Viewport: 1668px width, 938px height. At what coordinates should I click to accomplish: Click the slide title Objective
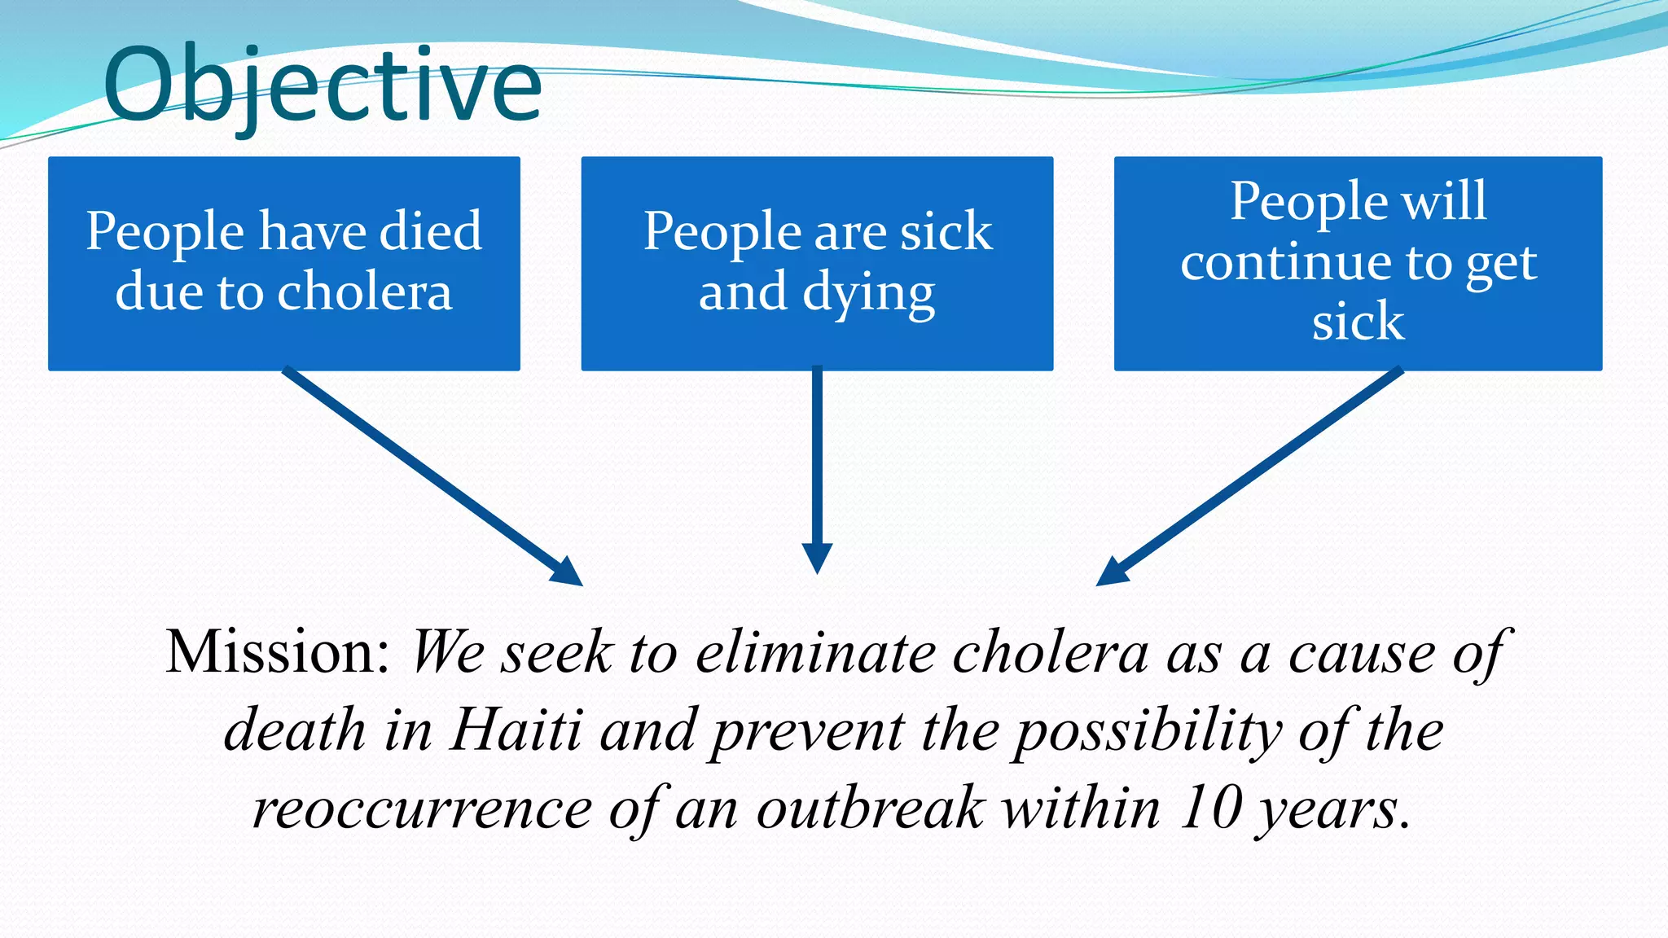(x=323, y=85)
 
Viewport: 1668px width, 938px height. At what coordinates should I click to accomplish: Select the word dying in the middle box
(x=868, y=295)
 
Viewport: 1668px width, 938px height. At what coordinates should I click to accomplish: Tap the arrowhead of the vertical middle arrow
(x=817, y=559)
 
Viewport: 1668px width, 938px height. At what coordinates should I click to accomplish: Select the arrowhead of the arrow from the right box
(x=1112, y=572)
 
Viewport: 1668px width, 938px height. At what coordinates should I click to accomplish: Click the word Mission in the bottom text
(x=277, y=653)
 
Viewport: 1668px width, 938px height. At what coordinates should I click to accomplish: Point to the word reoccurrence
(x=422, y=810)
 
